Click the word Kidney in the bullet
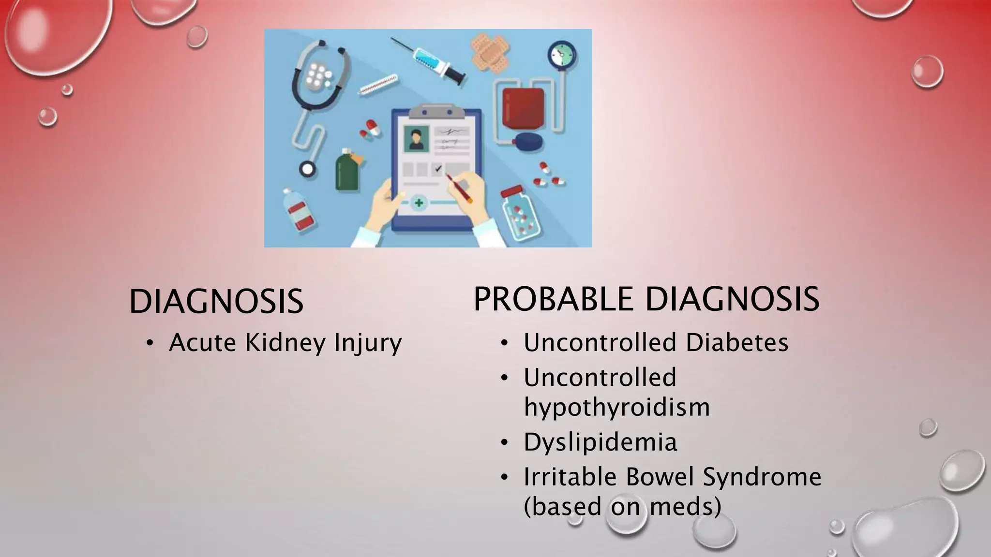[285, 343]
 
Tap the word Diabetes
[737, 342]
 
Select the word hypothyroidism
[616, 407]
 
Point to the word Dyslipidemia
[600, 442]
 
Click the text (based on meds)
[622, 506]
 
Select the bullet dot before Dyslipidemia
[505, 442]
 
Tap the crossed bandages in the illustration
[490, 54]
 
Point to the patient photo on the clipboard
[416, 138]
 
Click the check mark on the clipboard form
[438, 169]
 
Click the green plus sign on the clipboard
[419, 203]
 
